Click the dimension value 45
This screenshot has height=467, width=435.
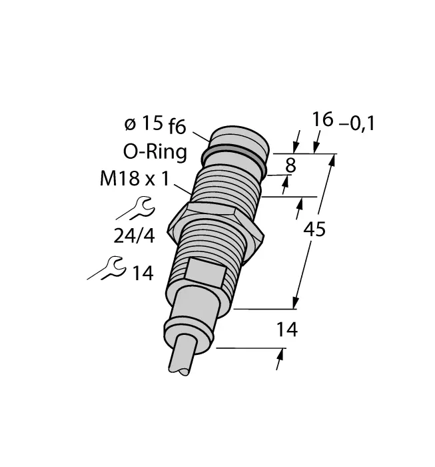[x=314, y=229]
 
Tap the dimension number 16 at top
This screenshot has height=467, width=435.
[x=322, y=121]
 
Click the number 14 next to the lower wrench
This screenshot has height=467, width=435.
[x=143, y=273]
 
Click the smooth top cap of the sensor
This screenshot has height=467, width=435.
[x=240, y=137]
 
